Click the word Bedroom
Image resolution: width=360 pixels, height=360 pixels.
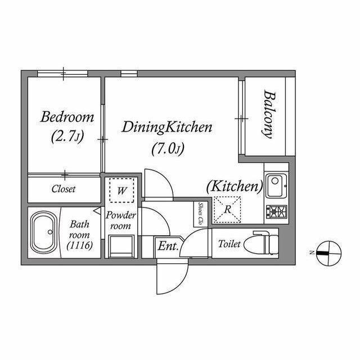click(x=67, y=117)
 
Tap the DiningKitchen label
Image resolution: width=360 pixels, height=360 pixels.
click(x=167, y=127)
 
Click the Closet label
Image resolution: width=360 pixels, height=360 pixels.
click(x=64, y=189)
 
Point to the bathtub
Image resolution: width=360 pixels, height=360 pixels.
click(x=44, y=232)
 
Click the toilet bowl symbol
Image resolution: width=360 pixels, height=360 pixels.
click(x=262, y=244)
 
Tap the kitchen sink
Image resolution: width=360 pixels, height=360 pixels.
click(x=276, y=186)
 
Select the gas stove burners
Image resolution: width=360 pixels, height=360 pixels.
click(x=276, y=211)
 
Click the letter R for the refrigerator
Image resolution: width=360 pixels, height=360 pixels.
click(x=227, y=209)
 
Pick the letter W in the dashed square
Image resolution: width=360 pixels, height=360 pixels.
click(x=121, y=190)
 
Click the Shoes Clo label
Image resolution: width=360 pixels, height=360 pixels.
click(x=201, y=214)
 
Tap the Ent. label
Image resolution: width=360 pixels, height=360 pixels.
click(x=168, y=246)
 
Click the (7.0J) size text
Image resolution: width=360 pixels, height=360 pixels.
click(x=168, y=149)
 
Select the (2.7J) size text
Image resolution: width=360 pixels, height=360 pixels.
click(x=67, y=137)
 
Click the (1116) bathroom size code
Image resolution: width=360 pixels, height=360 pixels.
click(x=80, y=246)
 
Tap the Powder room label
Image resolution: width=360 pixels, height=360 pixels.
click(x=121, y=220)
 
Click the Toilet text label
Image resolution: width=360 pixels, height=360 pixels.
click(x=229, y=244)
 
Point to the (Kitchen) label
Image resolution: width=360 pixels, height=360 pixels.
click(x=235, y=186)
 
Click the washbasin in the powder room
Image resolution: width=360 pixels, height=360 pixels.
click(x=121, y=246)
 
